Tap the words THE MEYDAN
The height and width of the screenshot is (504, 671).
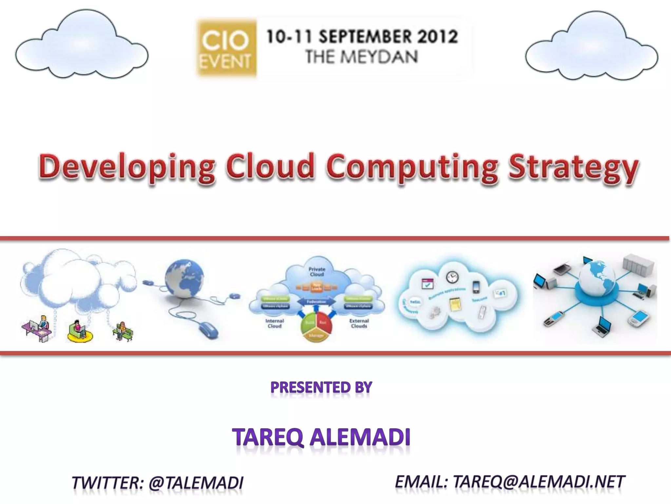point(362,57)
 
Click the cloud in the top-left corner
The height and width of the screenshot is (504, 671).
point(82,46)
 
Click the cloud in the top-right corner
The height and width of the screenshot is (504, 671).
point(591,48)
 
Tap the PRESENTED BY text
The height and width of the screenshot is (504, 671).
point(321,388)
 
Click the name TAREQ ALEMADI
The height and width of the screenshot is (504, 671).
point(321,437)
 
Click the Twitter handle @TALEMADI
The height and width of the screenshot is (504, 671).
point(196,483)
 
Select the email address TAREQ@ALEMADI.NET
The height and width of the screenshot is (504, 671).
point(539,482)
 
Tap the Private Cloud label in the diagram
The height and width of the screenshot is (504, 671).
point(316,272)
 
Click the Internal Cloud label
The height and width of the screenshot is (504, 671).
point(275,324)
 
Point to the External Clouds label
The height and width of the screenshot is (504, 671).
point(359,324)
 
